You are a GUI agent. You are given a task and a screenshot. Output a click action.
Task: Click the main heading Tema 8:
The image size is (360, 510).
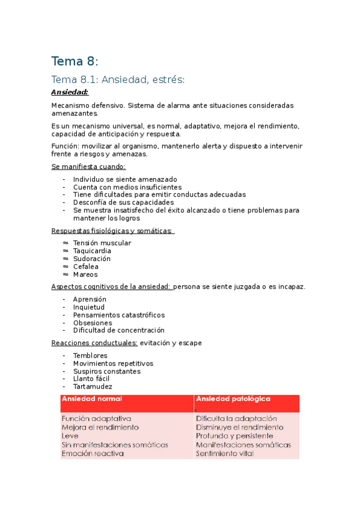[74, 61]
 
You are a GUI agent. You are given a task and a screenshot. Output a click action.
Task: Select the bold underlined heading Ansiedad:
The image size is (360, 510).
[70, 92]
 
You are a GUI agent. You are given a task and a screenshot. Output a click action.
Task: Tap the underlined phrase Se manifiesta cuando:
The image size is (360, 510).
[88, 167]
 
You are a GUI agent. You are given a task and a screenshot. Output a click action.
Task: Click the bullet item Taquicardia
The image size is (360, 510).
[92, 251]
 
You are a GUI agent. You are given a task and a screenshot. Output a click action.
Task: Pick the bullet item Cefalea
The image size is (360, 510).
[85, 266]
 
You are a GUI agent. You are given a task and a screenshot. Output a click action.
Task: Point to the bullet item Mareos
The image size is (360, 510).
[85, 274]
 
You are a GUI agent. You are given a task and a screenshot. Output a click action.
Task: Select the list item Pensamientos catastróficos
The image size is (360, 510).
[118, 315]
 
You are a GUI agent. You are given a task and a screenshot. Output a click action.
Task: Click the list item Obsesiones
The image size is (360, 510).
[92, 323]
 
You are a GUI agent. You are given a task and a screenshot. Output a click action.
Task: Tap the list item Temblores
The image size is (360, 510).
[90, 355]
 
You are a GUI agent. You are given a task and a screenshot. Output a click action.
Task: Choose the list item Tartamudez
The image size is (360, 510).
[93, 387]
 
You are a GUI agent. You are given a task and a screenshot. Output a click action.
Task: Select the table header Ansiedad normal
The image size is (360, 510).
[92, 399]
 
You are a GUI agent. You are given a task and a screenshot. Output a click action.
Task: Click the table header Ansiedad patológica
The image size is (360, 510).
[233, 399]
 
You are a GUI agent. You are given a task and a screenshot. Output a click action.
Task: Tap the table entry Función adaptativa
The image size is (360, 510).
[96, 418]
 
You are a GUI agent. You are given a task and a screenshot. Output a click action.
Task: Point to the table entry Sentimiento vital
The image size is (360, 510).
[224, 453]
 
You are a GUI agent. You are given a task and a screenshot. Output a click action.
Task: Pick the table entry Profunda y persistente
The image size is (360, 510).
[234, 435]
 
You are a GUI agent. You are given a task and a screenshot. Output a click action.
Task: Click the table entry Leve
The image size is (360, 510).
[70, 435]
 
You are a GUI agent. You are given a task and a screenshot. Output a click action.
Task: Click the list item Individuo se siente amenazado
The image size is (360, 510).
[124, 179]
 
